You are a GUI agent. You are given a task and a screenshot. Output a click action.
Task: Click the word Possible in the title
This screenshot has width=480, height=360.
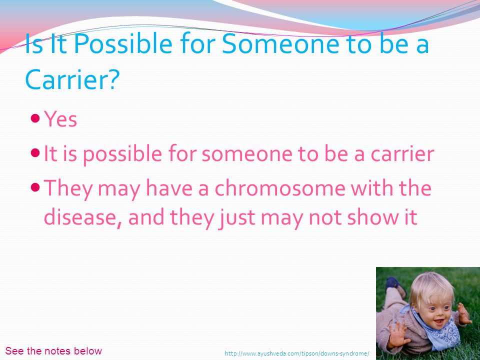(123, 43)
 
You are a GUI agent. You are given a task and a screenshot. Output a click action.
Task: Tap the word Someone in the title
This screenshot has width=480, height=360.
(280, 43)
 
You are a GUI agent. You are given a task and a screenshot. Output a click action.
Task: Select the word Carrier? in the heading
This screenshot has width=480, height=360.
(71, 78)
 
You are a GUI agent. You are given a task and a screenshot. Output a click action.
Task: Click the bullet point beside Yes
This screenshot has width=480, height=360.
(35, 118)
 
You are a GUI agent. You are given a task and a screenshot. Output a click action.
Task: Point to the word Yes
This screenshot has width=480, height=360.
(60, 118)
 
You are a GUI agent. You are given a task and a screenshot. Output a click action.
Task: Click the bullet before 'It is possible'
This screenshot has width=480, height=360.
(35, 152)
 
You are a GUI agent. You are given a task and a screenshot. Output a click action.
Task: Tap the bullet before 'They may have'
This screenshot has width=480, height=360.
(35, 186)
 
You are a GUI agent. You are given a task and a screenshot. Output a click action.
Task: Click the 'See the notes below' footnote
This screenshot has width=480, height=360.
(53, 351)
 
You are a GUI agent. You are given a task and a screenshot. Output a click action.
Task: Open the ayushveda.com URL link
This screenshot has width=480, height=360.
(297, 353)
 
